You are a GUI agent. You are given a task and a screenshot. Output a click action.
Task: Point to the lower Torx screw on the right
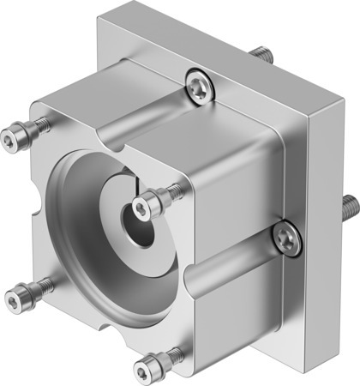point(286,239)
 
